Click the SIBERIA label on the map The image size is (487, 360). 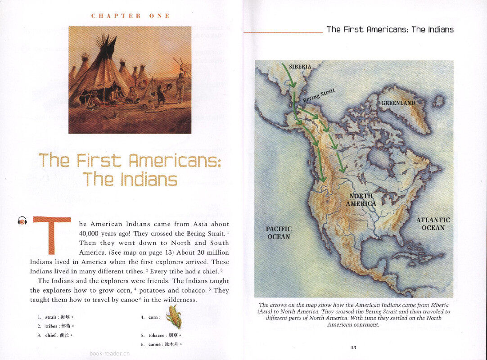click(300, 67)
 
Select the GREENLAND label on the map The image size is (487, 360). click(398, 103)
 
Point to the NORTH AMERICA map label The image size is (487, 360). click(361, 200)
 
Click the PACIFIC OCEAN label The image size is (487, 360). click(279, 233)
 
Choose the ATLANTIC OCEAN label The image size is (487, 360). click(433, 224)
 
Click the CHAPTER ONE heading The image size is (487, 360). click(131, 16)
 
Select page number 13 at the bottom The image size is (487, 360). click(353, 347)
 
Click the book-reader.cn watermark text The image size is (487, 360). click(110, 353)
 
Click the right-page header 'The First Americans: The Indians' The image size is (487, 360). click(390, 30)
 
